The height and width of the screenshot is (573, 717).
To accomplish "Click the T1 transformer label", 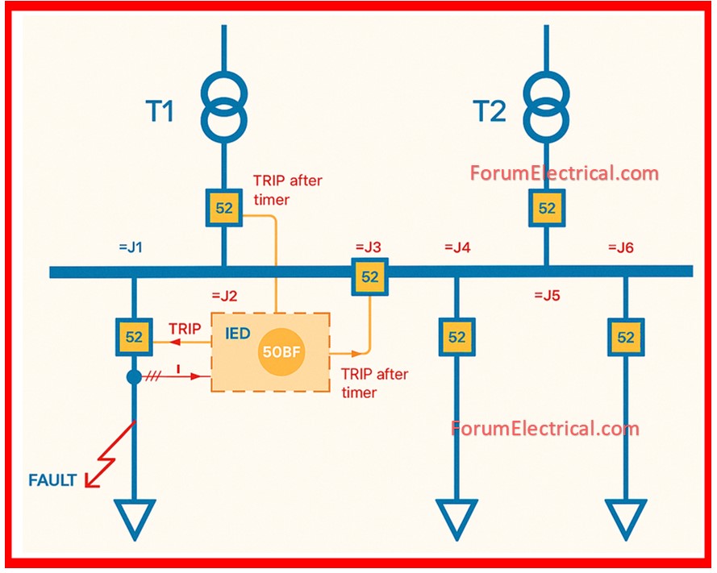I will tap(160, 111).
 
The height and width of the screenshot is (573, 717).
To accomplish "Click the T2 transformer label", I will tap(489, 111).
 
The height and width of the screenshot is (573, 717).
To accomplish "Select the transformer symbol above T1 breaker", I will tap(223, 104).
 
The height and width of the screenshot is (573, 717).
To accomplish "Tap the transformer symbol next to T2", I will tap(546, 104).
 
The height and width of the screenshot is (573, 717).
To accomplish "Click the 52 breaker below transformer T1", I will tap(224, 208).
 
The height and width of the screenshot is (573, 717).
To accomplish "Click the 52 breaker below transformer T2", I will tap(547, 208).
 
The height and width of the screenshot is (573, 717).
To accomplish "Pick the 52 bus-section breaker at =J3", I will tap(369, 276).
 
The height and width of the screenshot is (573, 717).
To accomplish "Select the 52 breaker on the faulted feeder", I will tap(135, 338).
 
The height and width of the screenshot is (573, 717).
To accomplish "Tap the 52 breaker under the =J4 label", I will tap(457, 338).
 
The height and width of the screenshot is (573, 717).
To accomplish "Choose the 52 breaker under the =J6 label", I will tap(626, 338).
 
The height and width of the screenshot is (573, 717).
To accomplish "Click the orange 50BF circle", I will tap(281, 353).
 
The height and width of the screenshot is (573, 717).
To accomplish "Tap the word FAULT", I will tap(52, 481).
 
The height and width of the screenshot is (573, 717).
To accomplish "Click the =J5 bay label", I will tap(546, 296).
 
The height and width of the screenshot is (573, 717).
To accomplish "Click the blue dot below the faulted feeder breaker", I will tap(135, 376).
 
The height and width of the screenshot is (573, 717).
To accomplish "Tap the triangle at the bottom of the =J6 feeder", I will tap(626, 518).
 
